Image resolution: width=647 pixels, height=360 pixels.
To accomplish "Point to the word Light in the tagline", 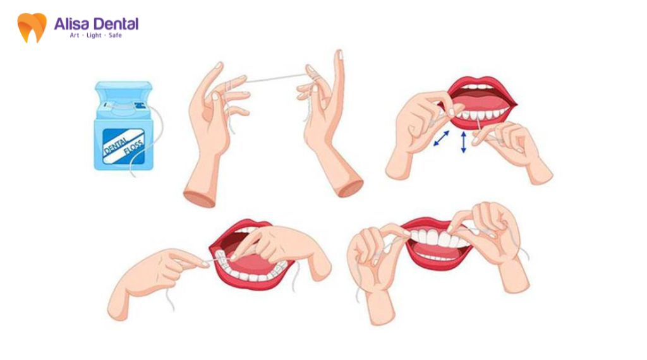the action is [94, 35].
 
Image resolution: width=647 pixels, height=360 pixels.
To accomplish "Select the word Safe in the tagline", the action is [115, 35].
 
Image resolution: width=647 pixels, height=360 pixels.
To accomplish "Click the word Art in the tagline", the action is [75, 35].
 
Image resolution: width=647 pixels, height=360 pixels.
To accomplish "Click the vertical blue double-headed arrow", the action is [463, 142].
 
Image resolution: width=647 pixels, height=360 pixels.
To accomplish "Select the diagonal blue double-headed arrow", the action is [442, 138].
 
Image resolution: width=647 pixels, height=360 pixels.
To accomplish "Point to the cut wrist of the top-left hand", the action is [199, 198].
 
